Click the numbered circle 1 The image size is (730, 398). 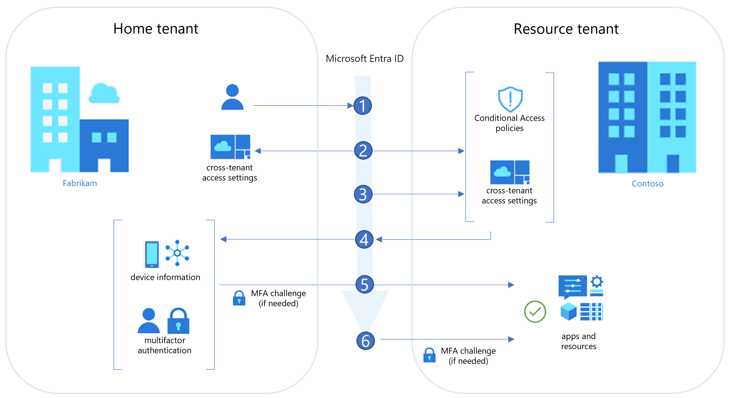362,106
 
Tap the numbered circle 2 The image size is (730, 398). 363,150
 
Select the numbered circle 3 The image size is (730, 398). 363,194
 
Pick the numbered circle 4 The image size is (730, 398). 364,239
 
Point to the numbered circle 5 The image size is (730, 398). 364,284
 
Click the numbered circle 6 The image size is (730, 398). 365,341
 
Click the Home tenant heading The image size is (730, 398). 156,29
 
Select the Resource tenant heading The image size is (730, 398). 566,29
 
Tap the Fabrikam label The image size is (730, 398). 80,183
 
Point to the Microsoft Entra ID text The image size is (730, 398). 364,59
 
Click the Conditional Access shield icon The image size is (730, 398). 510,99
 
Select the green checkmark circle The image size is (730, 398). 535,312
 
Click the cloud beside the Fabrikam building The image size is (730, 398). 104,94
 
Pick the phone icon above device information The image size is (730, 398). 152,254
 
